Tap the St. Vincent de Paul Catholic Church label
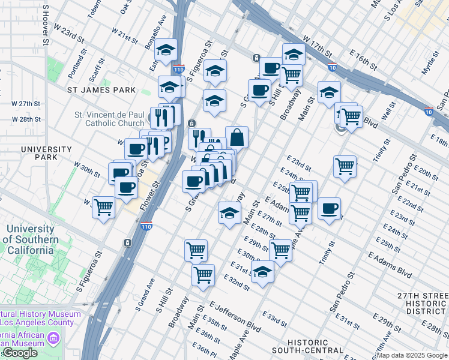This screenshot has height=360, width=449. tap(109, 119)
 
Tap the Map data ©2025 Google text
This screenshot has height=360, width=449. tap(412, 355)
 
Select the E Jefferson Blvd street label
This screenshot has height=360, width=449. tap(235, 317)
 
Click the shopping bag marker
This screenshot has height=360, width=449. tap(237, 137)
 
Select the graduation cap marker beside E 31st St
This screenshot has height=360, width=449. tap(262, 271)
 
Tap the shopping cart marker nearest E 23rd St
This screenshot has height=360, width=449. tap(345, 166)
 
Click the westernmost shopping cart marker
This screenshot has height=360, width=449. tap(104, 207)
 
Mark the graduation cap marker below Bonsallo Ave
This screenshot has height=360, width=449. tap(166, 49)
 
